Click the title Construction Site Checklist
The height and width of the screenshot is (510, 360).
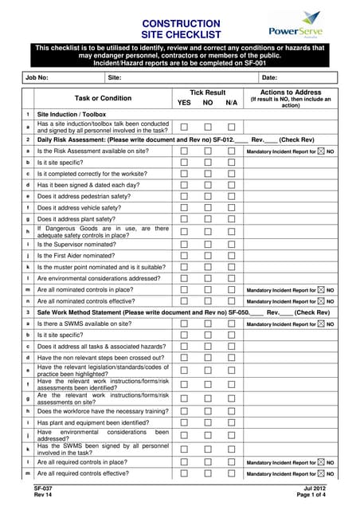180,29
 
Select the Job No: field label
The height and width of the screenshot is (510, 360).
37,77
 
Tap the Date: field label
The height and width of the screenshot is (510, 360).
269,77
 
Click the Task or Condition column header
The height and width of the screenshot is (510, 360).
103,98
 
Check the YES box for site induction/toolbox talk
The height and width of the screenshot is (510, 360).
184,127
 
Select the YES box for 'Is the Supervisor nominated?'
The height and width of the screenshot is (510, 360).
184,244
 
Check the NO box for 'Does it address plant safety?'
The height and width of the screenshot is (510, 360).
208,218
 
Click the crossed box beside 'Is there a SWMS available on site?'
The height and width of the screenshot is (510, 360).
321,324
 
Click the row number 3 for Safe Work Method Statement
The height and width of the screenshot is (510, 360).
28,313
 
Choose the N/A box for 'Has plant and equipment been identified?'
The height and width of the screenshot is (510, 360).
232,422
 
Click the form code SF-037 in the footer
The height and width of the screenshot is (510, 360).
43,488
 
